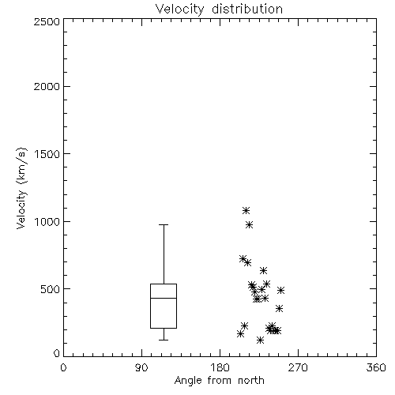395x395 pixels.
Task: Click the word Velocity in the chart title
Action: pyautogui.click(x=179, y=9)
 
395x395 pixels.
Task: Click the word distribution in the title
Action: pyautogui.click(x=247, y=9)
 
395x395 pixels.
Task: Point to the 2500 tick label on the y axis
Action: pyautogui.click(x=47, y=21)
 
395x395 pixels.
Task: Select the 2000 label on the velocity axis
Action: pyautogui.click(x=47, y=86)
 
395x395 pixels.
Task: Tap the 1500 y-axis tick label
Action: pyautogui.click(x=47, y=153)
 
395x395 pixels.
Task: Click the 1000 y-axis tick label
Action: pyautogui.click(x=47, y=221)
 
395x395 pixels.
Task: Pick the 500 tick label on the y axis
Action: pyautogui.click(x=50, y=289)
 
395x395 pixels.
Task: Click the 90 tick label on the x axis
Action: pyautogui.click(x=141, y=367)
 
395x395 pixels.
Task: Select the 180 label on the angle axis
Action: pyautogui.click(x=220, y=367)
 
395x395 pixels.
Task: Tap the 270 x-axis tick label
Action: pyautogui.click(x=298, y=367)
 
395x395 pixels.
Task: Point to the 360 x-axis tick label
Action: pyautogui.click(x=376, y=367)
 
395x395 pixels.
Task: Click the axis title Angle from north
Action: pyautogui.click(x=220, y=381)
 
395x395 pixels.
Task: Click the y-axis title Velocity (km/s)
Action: pyautogui.click(x=21, y=188)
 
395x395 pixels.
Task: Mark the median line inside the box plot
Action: pyautogui.click(x=164, y=298)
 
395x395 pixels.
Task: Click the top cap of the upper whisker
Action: pyautogui.click(x=164, y=225)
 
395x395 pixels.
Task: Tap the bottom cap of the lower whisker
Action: pyautogui.click(x=164, y=340)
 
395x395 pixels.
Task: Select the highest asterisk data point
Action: pyautogui.click(x=246, y=210)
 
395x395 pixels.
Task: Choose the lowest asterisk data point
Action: pyautogui.click(x=260, y=340)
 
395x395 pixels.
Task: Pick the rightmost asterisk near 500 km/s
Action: pyautogui.click(x=280, y=290)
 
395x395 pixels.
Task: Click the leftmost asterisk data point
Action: pyautogui.click(x=240, y=334)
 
